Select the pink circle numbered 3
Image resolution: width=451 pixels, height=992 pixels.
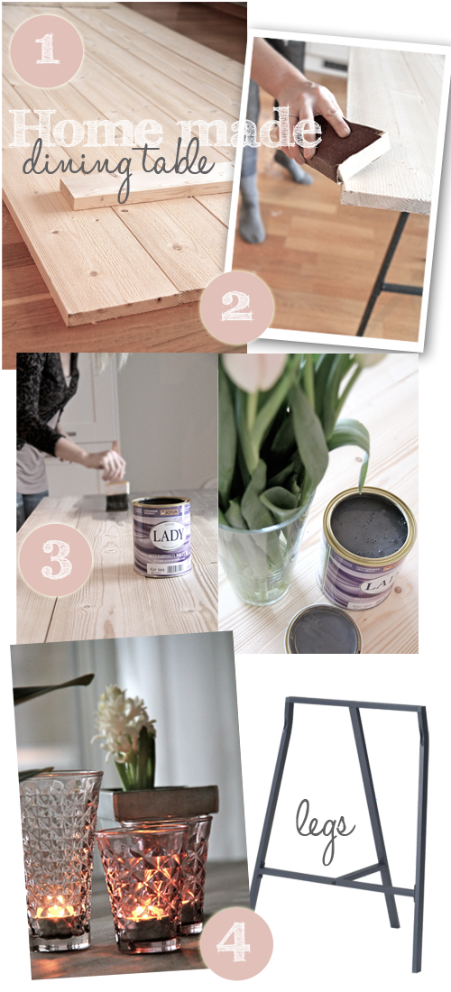pyautogui.click(x=56, y=559)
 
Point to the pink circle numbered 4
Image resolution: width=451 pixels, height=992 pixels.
pyautogui.click(x=235, y=941)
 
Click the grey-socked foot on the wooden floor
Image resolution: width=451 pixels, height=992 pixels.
pyautogui.click(x=253, y=221)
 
